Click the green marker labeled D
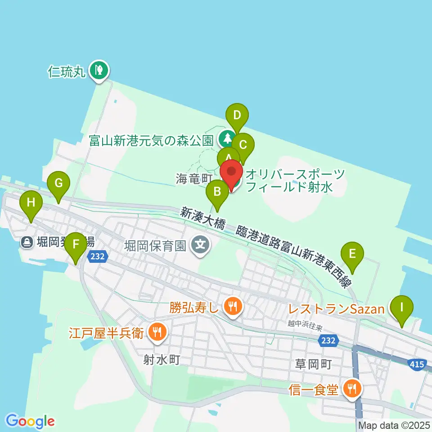237,116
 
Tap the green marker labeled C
243,145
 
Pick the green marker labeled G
58,184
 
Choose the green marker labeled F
76,244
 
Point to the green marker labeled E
353,254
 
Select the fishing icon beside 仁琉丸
98,70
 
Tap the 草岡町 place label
313,364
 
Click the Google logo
31,421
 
